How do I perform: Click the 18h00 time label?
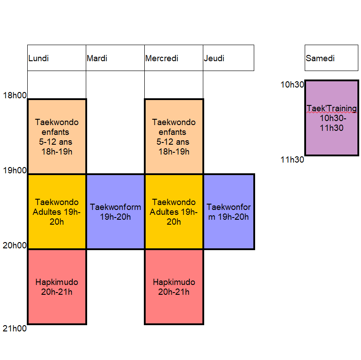click(14, 95)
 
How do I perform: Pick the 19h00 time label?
click(14, 170)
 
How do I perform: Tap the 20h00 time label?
click(14, 245)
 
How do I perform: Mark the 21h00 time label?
click(14, 329)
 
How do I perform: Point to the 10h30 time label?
click(292, 84)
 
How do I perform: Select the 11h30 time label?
click(292, 159)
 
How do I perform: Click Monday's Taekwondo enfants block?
click(57, 136)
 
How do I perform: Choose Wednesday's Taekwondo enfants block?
click(174, 136)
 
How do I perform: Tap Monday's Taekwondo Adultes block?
click(57, 212)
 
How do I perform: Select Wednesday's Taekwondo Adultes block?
click(174, 212)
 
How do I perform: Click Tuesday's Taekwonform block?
click(115, 212)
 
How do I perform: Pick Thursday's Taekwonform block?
click(229, 212)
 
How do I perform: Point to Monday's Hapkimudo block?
click(57, 287)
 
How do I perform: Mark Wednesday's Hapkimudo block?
click(174, 287)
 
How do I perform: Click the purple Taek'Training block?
click(332, 118)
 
